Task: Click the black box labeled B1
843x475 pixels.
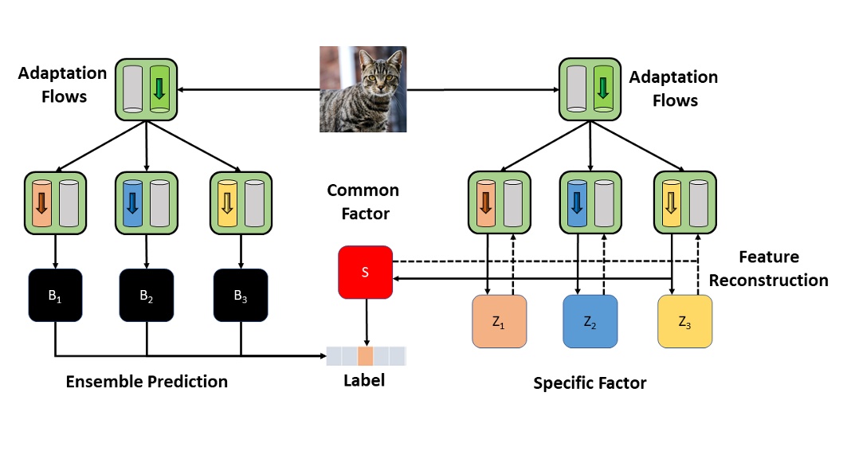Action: pos(55,296)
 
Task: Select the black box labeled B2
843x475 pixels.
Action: pos(147,296)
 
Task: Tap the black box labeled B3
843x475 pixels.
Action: pos(241,296)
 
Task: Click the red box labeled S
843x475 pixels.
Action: pos(365,273)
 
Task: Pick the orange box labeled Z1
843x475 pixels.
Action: pos(500,321)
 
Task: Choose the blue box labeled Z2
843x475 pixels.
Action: pos(590,321)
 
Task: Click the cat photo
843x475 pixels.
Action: pos(363,88)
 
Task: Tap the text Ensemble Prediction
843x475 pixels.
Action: pos(147,382)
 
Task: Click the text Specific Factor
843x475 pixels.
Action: pos(590,383)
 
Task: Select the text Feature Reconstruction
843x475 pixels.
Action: pos(769,269)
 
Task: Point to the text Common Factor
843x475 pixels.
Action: pos(363,202)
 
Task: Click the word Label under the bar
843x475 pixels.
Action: pos(364,380)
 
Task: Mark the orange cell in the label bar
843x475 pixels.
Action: pos(366,355)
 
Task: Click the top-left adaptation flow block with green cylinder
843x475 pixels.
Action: pos(147,88)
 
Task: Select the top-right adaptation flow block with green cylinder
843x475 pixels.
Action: pos(590,88)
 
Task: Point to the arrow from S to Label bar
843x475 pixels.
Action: pos(366,322)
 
